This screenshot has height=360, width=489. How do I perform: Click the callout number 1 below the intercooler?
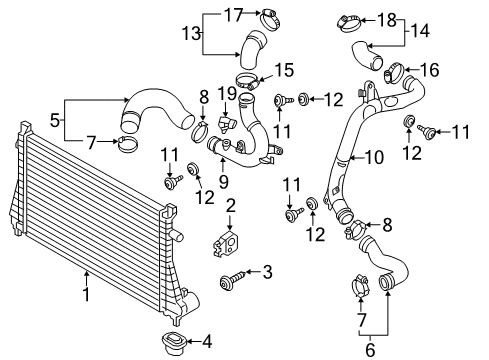pos(87,294)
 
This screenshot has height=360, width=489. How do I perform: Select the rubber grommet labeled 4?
pos(173,342)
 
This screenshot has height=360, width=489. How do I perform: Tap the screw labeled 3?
pos(233,280)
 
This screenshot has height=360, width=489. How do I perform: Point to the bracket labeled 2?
pos(226,244)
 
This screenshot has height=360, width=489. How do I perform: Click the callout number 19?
pos(228,94)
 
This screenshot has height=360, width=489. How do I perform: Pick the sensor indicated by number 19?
pos(226,125)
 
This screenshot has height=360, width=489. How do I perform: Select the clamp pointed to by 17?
pos(271,20)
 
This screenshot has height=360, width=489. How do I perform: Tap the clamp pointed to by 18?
pos(349,24)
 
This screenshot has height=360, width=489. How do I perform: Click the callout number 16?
pos(430,70)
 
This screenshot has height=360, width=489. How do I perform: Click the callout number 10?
pos(375,157)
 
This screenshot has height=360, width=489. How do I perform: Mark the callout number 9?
pos(224,182)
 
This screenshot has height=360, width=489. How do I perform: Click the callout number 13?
pos(191,34)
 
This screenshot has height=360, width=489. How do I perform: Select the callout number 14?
pos(420,31)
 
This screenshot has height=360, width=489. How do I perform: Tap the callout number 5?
pos(55,120)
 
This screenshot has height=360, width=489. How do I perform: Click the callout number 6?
pos(370,350)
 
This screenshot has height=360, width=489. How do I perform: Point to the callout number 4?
pos(207,342)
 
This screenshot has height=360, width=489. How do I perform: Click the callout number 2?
pos(230,205)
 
